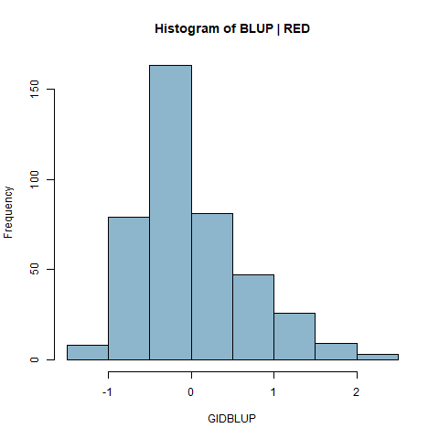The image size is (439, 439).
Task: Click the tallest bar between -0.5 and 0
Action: pyautogui.click(x=170, y=212)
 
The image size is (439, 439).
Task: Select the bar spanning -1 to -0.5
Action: pyautogui.click(x=129, y=288)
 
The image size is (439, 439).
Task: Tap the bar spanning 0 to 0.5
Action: pyautogui.click(x=212, y=286)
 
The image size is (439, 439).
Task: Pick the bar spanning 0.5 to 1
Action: pyautogui.click(x=253, y=317)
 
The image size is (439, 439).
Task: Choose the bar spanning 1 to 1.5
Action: pyautogui.click(x=294, y=337)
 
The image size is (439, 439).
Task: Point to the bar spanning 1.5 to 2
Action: pyautogui.click(x=336, y=351)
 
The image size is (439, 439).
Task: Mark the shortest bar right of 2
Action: pyautogui.click(x=378, y=357)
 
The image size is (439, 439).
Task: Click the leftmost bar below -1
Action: pyautogui.click(x=88, y=352)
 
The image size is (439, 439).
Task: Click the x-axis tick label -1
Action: pyautogui.click(x=107, y=392)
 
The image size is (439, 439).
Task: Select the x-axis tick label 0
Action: pyautogui.click(x=191, y=392)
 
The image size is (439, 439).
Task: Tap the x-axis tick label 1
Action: pyautogui.click(x=273, y=392)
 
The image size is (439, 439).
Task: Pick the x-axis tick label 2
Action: pyautogui.click(x=356, y=392)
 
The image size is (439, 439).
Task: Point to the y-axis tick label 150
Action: pyautogui.click(x=35, y=89)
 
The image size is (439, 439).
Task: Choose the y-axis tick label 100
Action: pyautogui.click(x=35, y=179)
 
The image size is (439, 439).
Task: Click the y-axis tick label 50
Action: pyautogui.click(x=35, y=269)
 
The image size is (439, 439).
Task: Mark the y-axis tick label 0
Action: pyautogui.click(x=35, y=359)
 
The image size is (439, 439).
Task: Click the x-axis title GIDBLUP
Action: pyautogui.click(x=231, y=419)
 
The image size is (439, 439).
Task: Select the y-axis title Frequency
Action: pyautogui.click(x=8, y=212)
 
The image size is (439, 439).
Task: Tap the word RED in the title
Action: pyautogui.click(x=296, y=28)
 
